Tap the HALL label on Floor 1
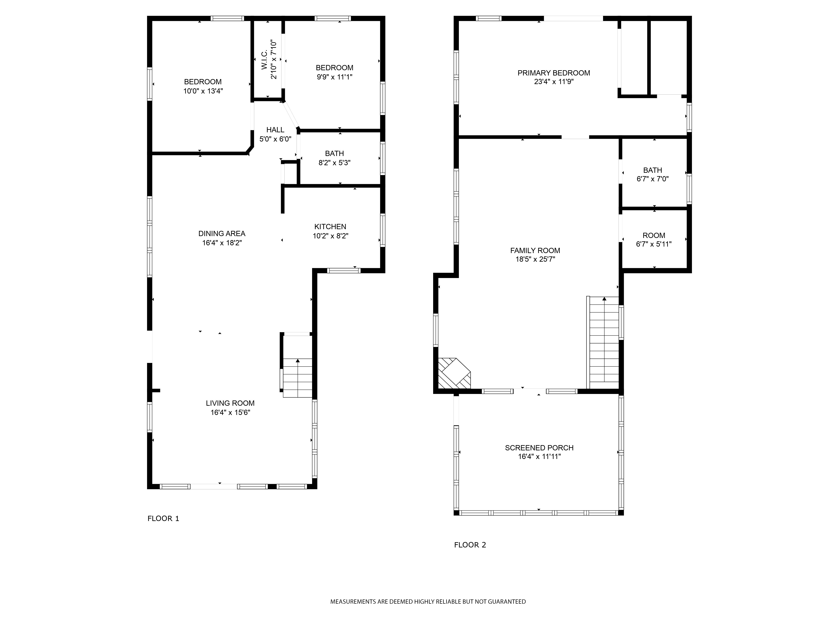tap(275, 130)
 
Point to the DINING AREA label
tap(222, 234)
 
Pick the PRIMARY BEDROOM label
tap(554, 73)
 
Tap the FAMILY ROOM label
tap(535, 251)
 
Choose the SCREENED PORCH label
tap(539, 448)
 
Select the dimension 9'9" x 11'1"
tap(335, 77)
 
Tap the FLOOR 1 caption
tap(163, 518)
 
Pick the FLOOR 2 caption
tap(470, 545)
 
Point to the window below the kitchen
tap(344, 270)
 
